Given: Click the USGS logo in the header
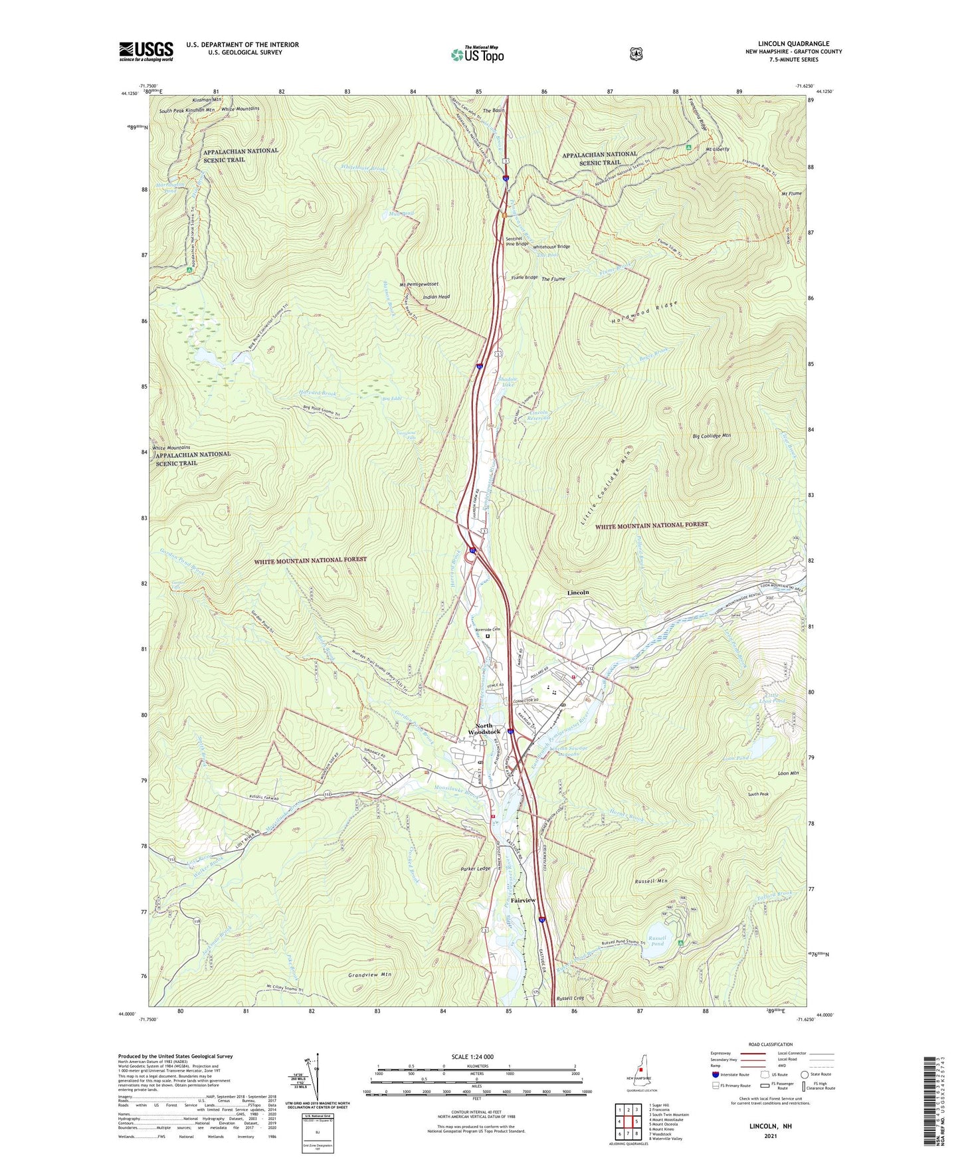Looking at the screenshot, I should click(145, 51).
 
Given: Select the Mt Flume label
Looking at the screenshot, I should click(792, 193).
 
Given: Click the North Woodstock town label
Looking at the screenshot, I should click(484, 729).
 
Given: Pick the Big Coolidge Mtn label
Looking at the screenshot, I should click(711, 436).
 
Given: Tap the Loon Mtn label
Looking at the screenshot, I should click(777, 773).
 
